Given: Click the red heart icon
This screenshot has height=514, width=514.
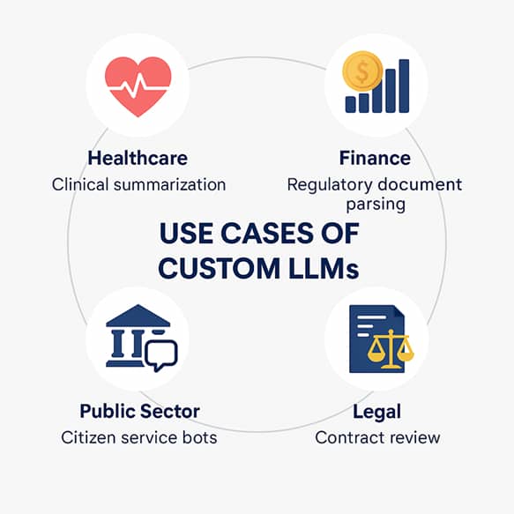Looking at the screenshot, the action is pyautogui.click(x=138, y=86).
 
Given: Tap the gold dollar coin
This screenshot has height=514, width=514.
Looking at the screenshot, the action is pyautogui.click(x=362, y=71).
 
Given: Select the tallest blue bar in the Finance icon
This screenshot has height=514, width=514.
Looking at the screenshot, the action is pyautogui.click(x=404, y=86).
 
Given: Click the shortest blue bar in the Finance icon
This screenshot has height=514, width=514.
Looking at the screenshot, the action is pyautogui.click(x=350, y=104).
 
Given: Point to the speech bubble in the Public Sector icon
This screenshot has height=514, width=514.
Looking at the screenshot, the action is pyautogui.click(x=161, y=355).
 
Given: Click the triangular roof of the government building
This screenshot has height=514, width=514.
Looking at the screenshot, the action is pyautogui.click(x=138, y=316).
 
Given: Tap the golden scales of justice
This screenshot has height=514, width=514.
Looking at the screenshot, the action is pyautogui.click(x=391, y=349).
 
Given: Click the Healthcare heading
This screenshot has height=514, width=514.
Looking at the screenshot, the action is pyautogui.click(x=138, y=158).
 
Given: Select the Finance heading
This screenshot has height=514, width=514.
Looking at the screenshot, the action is pyautogui.click(x=375, y=158).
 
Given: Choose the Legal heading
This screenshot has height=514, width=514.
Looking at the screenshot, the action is pyautogui.click(x=377, y=412).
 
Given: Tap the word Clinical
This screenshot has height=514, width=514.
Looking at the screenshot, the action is pyautogui.click(x=80, y=184).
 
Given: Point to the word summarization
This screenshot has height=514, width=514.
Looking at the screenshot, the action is pyautogui.click(x=170, y=185).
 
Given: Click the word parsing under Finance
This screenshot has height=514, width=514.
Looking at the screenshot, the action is pyautogui.click(x=376, y=205).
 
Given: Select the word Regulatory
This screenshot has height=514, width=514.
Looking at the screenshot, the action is pyautogui.click(x=330, y=185).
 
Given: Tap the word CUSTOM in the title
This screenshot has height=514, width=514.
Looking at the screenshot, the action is pyautogui.click(x=219, y=268).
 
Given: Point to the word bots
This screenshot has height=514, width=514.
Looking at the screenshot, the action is pyautogui.click(x=199, y=437).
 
